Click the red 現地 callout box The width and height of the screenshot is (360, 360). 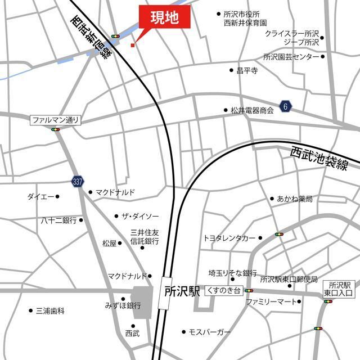pos(164,19)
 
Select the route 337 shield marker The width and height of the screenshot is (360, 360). pos(78,181)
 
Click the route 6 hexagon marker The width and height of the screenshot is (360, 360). pos(286,106)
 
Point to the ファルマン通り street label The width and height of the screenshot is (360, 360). pos(56,120)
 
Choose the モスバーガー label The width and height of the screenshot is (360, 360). pos(210,332)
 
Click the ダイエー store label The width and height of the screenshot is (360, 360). pos(40,196)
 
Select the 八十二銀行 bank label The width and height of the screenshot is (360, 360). pos(58,220)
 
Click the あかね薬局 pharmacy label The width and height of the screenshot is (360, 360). pos(294,199)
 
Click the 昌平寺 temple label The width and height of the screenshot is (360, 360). pos(247,71)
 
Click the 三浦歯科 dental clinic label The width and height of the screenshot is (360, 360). pos(51,310)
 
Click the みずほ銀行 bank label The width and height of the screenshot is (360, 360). pos(122,305)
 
